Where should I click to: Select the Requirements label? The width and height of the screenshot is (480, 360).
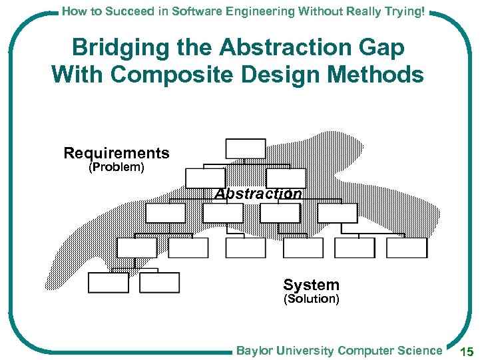coord(117,153)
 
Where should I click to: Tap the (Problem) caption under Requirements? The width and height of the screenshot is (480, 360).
coord(117,167)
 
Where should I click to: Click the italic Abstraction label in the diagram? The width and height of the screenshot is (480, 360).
coord(258,194)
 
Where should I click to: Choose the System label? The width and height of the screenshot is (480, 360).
coord(311,285)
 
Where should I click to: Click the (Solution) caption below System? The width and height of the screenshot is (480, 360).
coord(311,299)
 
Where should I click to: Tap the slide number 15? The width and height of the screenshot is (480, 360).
coord(467,351)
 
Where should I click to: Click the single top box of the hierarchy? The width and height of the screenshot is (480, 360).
coord(245,148)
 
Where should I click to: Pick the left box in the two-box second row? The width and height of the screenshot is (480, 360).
coord(205,178)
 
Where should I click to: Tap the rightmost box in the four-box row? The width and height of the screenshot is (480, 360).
coord(338,213)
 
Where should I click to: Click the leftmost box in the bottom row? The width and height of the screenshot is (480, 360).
coord(108,282)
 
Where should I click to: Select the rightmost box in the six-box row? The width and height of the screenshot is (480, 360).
coord(406,248)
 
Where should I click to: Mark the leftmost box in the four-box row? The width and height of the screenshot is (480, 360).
coord(165,213)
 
